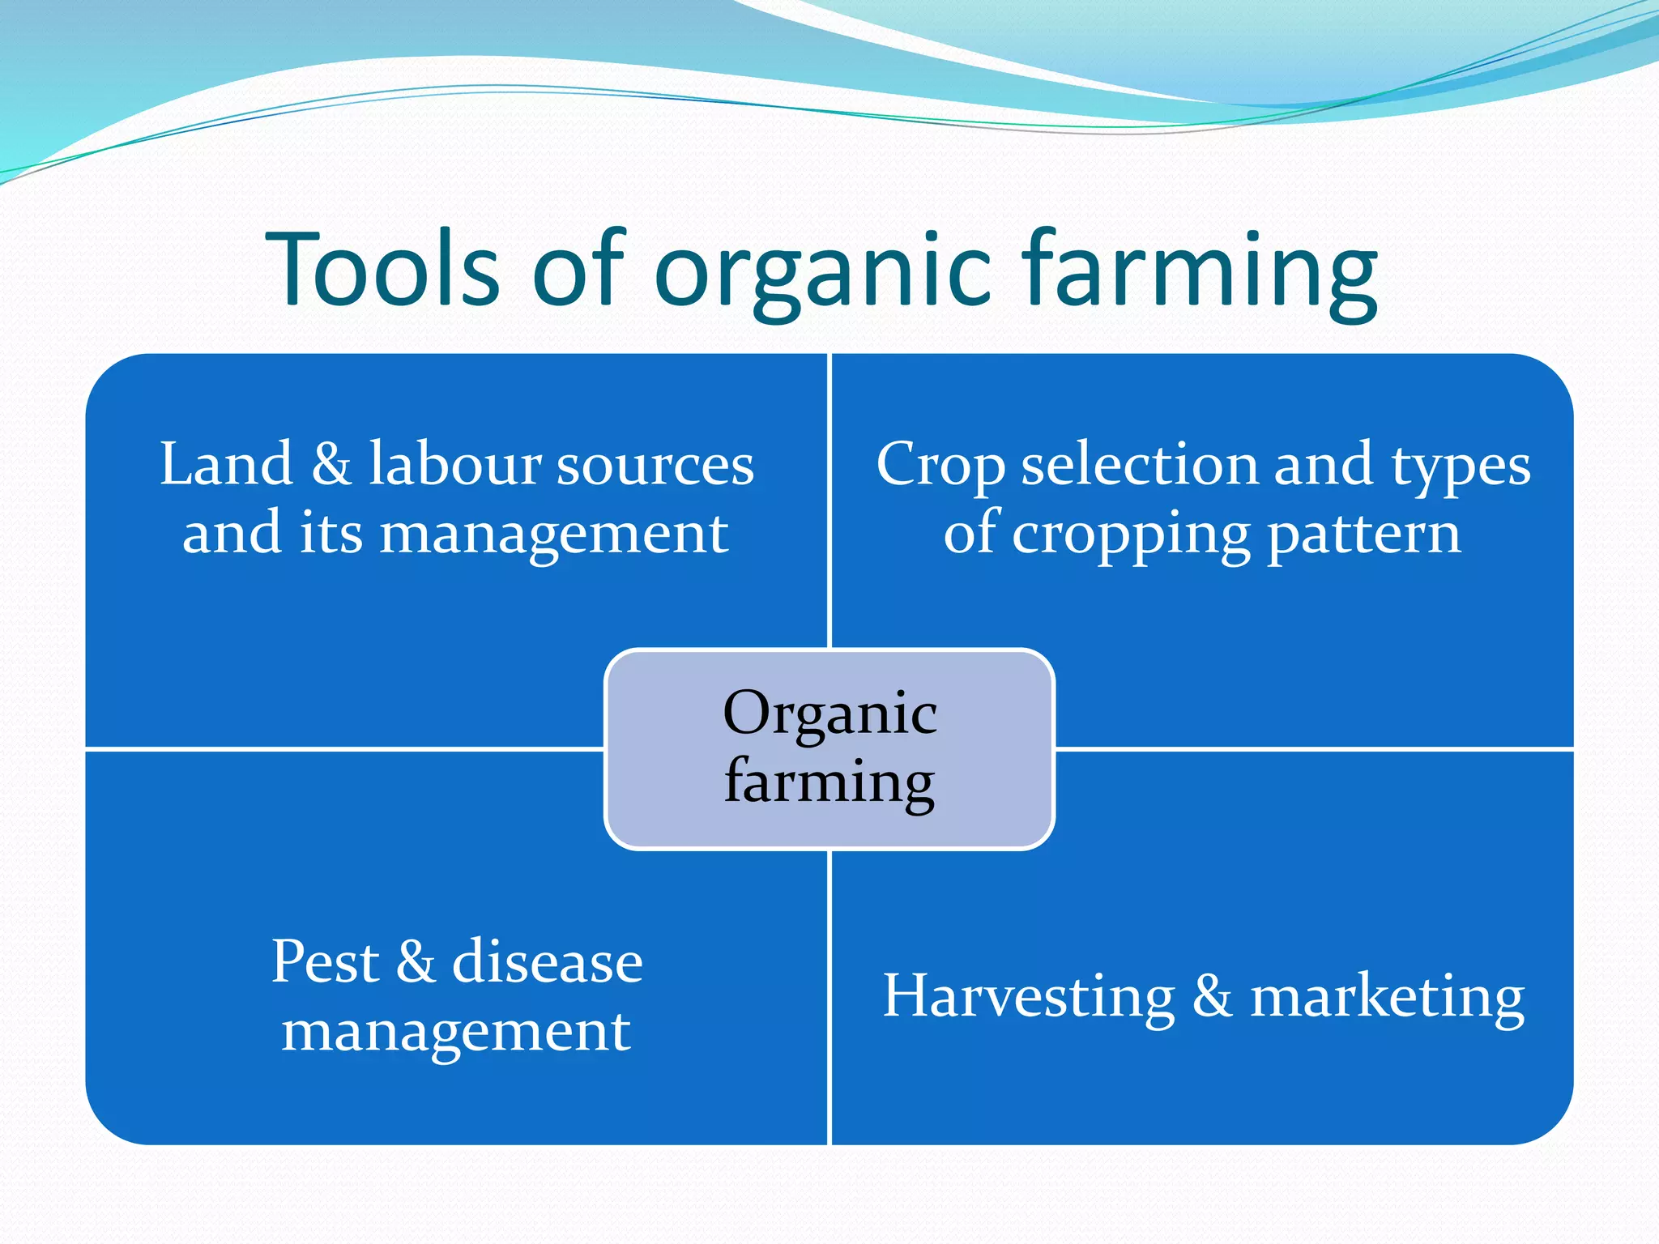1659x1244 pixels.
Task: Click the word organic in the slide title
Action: click(x=822, y=275)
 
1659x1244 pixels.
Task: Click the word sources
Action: click(x=655, y=466)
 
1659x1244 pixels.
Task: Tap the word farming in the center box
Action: click(x=829, y=782)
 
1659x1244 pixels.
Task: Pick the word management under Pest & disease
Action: click(x=456, y=1033)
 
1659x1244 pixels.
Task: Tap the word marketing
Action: click(x=1387, y=998)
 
